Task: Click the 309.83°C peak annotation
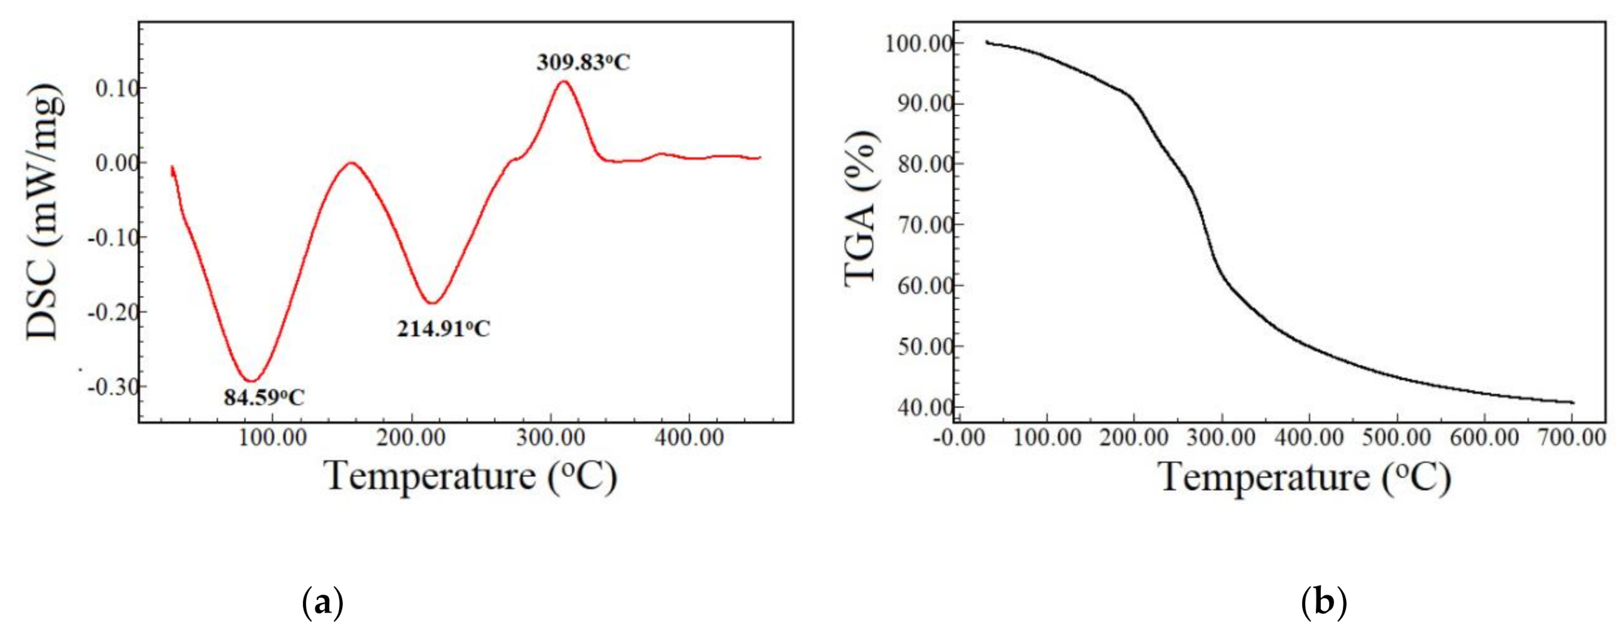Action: point(583,63)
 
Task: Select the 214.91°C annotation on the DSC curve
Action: point(443,328)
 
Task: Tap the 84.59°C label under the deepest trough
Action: point(264,397)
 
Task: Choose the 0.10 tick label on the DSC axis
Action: point(116,88)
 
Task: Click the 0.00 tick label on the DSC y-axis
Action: point(116,162)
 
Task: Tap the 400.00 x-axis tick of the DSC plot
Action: point(689,436)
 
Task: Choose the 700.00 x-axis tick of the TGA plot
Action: point(1571,437)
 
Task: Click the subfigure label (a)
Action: point(323,603)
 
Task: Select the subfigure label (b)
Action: point(1323,603)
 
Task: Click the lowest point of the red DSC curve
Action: point(251,381)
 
